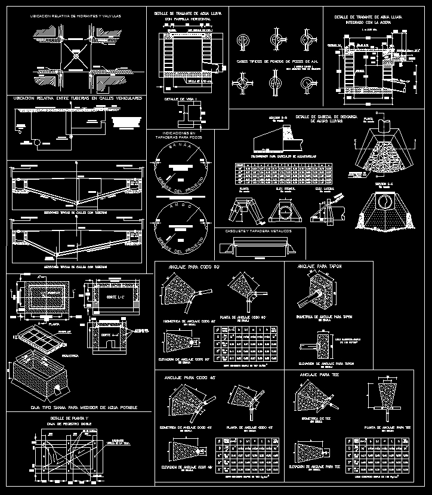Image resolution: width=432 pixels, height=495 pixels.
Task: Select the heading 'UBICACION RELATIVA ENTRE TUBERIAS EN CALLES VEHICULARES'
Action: click(76, 98)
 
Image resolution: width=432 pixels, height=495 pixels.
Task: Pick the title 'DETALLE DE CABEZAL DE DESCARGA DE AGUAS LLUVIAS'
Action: click(325, 118)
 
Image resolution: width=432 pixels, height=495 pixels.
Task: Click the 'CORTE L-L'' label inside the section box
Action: click(109, 297)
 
